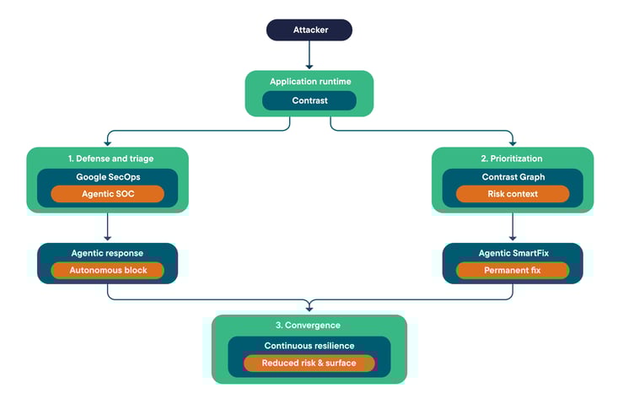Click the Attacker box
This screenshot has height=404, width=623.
tap(309, 30)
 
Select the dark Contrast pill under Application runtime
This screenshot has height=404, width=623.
tap(309, 101)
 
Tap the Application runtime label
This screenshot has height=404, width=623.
tap(309, 82)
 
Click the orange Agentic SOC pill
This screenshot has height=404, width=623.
tap(107, 194)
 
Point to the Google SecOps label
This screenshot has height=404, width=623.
tap(107, 177)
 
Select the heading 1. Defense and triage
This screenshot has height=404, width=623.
tap(107, 158)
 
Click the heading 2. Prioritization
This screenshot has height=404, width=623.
tap(513, 158)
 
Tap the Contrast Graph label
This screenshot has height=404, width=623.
tap(513, 177)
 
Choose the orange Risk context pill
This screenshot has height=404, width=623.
tap(513, 194)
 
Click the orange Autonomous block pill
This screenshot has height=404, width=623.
tap(107, 271)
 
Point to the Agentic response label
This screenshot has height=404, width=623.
tap(107, 253)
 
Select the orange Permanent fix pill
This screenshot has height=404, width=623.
tap(513, 271)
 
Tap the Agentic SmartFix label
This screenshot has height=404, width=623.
tap(513, 253)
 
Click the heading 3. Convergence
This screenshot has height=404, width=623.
tap(309, 326)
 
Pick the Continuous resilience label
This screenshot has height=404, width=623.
tap(309, 346)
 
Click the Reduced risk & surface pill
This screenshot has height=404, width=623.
tap(309, 364)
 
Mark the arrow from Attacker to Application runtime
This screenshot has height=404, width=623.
tap(309, 56)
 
